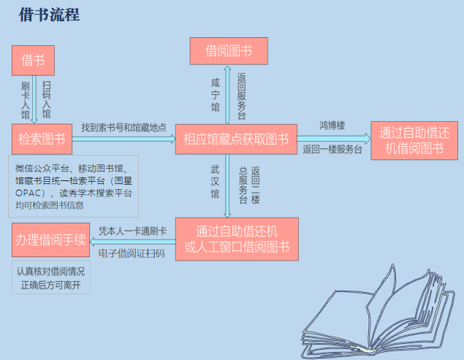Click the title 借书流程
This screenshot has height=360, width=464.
(50, 15)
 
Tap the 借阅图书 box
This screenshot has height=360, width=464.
(229, 51)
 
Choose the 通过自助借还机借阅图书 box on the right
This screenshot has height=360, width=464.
(414, 141)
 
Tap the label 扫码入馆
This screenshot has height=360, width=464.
(46, 100)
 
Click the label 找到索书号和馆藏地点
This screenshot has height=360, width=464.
(123, 126)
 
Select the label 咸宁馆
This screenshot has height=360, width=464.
(214, 95)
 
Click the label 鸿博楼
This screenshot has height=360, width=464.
(332, 126)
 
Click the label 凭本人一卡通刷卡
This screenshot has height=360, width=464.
(132, 231)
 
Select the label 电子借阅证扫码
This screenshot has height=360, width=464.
(132, 254)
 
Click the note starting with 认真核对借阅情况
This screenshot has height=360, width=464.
(51, 277)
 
